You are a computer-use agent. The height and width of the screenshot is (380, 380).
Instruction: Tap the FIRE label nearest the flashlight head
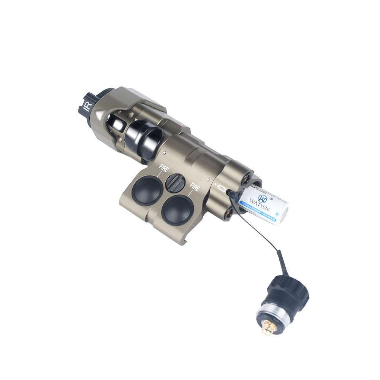[163, 168]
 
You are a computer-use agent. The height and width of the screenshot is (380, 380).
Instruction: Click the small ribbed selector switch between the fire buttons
[175, 183]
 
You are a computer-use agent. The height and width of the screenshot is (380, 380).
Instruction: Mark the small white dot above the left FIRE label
[164, 153]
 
